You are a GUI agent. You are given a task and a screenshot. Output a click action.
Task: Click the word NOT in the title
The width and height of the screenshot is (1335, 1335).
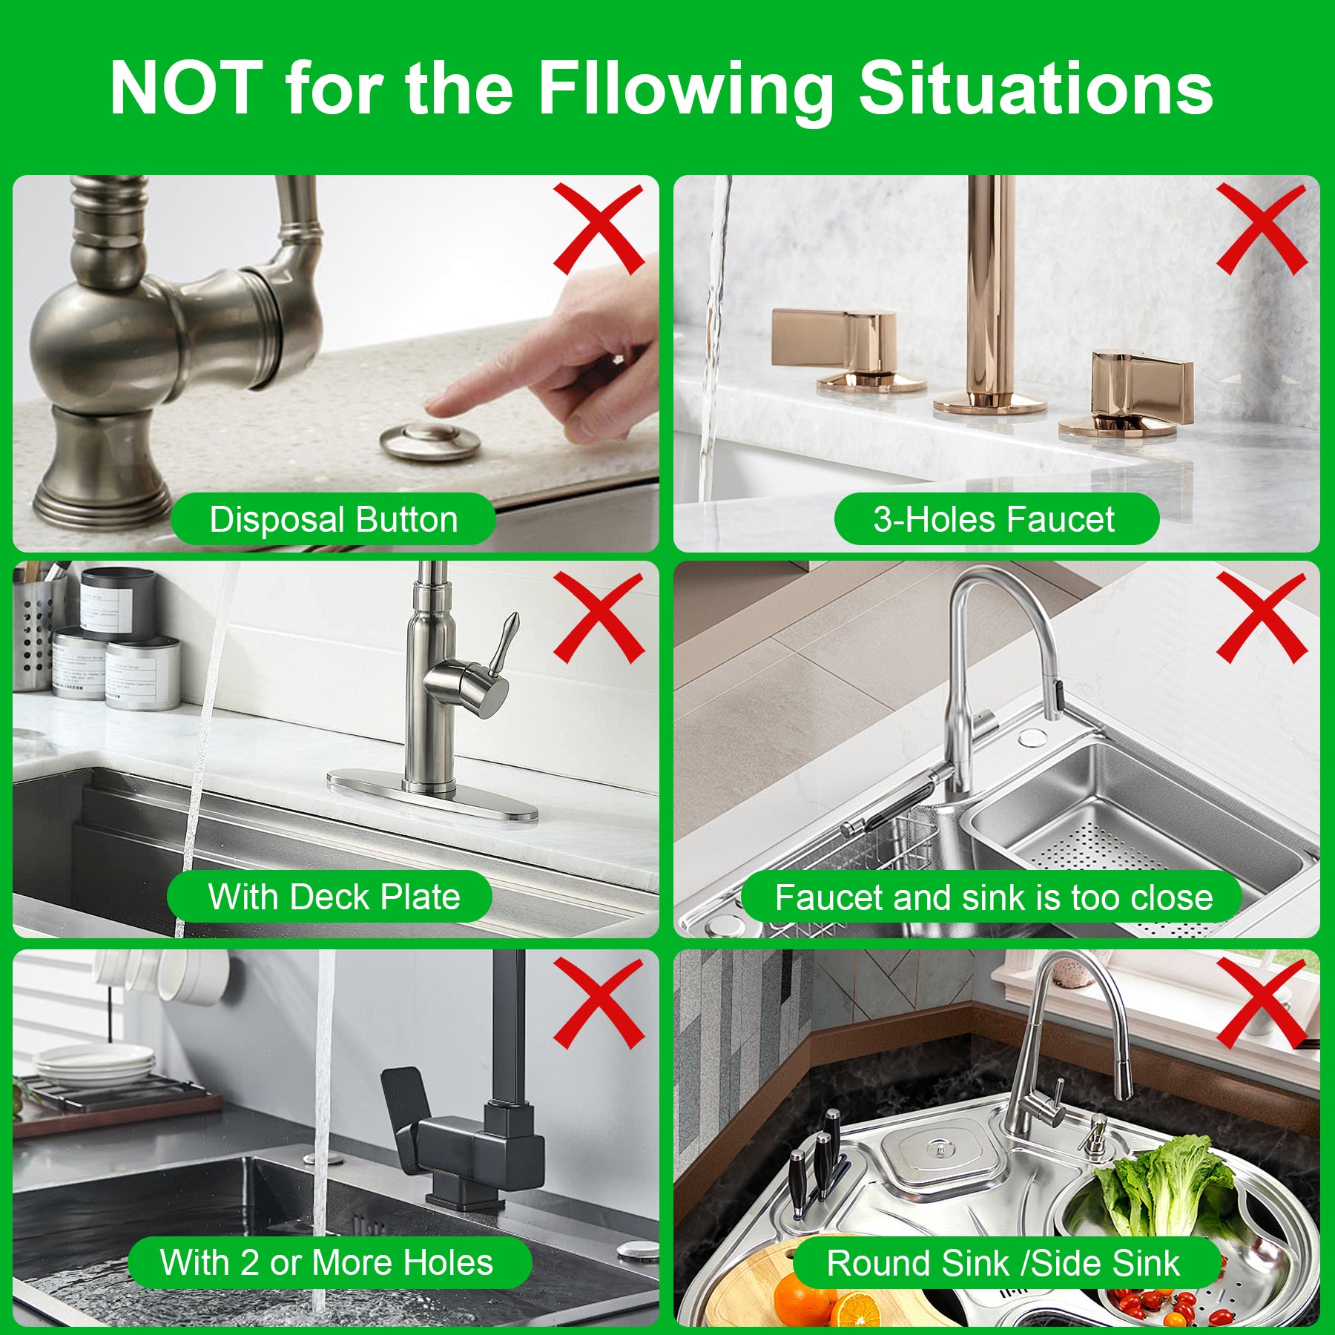(x=186, y=88)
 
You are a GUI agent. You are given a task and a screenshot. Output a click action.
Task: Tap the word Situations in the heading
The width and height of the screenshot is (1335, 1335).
(x=1035, y=88)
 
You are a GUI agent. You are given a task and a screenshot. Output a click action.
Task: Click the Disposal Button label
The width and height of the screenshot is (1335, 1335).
(x=333, y=519)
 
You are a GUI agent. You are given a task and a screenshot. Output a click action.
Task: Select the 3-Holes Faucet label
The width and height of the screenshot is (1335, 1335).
(x=995, y=519)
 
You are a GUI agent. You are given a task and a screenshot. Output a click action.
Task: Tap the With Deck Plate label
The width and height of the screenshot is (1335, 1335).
(x=333, y=897)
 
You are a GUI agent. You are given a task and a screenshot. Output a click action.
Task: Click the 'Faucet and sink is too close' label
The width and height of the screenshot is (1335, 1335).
(x=994, y=897)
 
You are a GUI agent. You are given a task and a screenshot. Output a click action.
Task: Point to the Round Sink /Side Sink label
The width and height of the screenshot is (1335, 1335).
(x=1003, y=1263)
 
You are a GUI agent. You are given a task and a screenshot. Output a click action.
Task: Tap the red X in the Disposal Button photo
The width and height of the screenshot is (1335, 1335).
(x=598, y=229)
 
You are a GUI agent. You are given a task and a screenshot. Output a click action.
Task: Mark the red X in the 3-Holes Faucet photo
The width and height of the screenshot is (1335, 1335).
(x=1261, y=229)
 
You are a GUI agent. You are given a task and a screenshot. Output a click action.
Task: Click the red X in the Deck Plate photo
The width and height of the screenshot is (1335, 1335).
(x=598, y=617)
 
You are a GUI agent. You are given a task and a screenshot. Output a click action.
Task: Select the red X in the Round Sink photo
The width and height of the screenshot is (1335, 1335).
(x=1261, y=1003)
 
